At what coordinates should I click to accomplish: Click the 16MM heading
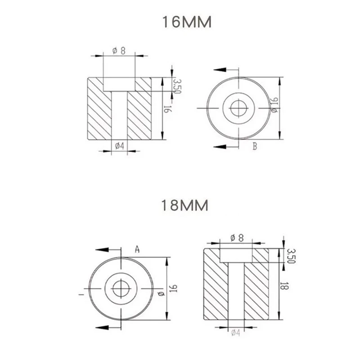point(187,22)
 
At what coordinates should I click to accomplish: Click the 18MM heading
point(185,205)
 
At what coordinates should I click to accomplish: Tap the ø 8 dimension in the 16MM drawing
point(119,51)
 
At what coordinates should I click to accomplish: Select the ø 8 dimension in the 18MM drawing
point(237,238)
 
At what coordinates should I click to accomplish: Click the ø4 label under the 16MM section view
point(120,145)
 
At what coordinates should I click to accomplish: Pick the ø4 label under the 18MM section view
point(236,333)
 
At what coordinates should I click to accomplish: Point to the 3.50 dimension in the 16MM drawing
point(177,86)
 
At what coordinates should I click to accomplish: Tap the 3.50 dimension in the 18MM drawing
point(291,256)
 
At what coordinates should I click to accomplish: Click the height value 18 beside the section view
point(284,286)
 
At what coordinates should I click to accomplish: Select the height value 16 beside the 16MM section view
point(167,109)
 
